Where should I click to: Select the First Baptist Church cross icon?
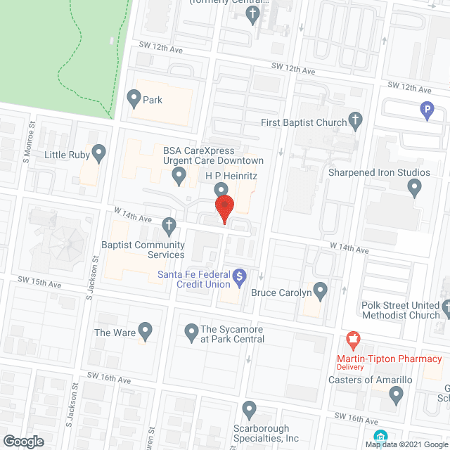point(356,121)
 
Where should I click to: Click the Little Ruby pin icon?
point(99,153)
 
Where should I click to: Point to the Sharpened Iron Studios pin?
point(415,187)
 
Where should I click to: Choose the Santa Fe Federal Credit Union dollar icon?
point(239,276)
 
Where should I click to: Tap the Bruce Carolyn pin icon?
point(321,289)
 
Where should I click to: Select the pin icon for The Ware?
point(146,330)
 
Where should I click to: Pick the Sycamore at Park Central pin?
point(191,330)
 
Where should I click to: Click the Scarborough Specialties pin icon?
point(249,408)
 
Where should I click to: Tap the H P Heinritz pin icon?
point(221,189)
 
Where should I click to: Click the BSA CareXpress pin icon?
point(179,174)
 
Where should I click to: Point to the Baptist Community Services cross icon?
point(169,226)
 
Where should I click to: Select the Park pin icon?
point(134,98)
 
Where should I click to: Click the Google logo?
point(22,442)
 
